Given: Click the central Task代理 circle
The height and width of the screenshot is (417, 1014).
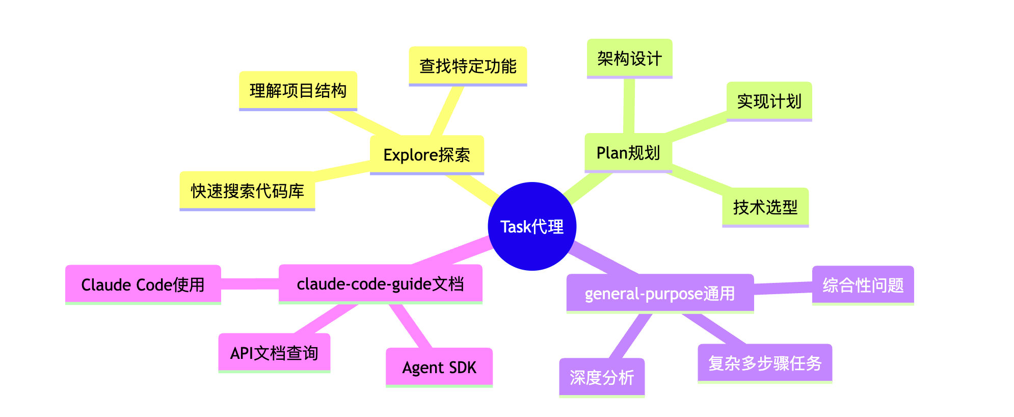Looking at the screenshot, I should point(531,226).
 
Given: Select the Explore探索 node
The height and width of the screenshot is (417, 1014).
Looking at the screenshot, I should point(426,154).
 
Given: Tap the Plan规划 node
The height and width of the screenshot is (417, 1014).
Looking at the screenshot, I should point(628,152).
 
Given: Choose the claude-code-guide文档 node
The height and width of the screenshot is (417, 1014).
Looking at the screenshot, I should point(380,283).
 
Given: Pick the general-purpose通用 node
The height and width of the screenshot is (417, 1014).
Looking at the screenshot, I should point(659,293).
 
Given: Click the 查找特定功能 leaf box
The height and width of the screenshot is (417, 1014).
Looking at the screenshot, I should point(467,66).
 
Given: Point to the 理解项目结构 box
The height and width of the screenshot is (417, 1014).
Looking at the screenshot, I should point(298,90).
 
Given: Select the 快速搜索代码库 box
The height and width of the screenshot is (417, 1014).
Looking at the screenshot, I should point(247,191).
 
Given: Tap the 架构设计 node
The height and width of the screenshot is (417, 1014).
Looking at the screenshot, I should point(629,58).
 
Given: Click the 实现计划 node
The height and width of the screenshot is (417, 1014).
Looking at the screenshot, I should point(769,101).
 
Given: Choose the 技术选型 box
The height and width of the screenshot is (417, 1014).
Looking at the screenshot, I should point(765,207).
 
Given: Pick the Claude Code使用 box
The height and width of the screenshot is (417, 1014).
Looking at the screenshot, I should point(143,284).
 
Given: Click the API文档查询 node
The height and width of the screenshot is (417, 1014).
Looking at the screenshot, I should point(274,353).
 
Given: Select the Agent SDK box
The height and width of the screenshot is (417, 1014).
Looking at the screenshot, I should point(439,367).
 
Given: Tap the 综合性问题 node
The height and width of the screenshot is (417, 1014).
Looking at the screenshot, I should point(863,285).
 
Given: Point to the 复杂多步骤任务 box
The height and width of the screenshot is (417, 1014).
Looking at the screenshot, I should point(764,363).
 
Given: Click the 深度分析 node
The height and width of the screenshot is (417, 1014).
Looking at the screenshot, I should point(601,377).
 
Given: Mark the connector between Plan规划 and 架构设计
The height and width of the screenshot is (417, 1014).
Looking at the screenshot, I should point(629,106).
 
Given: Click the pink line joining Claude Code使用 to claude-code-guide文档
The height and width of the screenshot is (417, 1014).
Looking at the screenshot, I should point(250,283).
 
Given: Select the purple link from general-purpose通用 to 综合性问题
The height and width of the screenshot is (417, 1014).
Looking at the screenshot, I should point(783,288).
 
